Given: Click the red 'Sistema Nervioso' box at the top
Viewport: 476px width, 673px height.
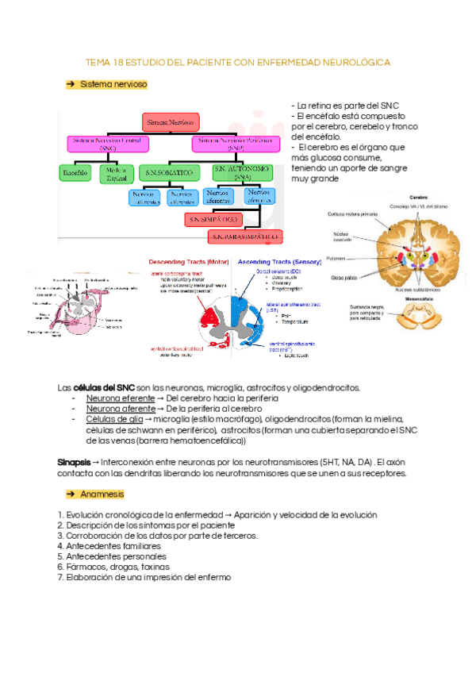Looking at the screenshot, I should (x=171, y=121).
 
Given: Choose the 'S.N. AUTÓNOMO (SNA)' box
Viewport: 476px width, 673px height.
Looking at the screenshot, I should (x=243, y=172).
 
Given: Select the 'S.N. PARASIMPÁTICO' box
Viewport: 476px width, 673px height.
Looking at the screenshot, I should (x=246, y=237).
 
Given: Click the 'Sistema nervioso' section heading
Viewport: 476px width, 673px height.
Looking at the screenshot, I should (x=113, y=83).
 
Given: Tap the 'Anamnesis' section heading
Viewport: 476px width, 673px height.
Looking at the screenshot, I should (x=102, y=494).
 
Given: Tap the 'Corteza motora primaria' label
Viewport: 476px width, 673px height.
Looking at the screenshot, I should (x=353, y=214).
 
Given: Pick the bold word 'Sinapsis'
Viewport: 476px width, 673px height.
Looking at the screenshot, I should (x=74, y=462).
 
